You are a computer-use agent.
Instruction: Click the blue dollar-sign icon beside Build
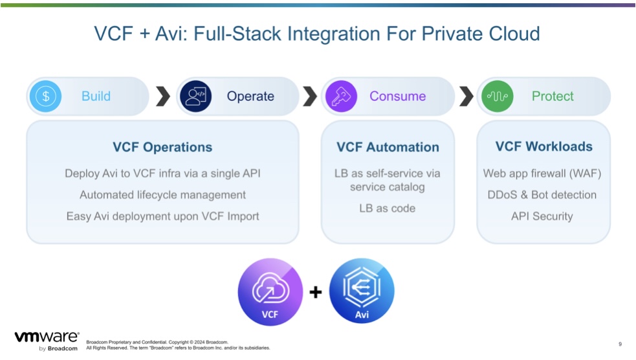click(45, 96)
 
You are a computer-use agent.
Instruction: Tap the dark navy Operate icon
click(195, 96)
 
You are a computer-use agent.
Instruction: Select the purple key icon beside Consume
click(341, 96)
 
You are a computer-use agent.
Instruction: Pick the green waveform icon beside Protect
click(498, 96)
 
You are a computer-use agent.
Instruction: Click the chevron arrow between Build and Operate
click(163, 96)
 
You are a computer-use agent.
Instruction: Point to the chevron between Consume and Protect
click(466, 96)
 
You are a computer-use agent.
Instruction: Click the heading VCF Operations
click(162, 147)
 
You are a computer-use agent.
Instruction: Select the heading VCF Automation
click(388, 147)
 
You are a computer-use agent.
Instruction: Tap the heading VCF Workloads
click(544, 146)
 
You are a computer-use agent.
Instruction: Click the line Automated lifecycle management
click(162, 195)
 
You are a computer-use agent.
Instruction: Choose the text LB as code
click(388, 208)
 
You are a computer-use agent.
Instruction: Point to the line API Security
click(542, 216)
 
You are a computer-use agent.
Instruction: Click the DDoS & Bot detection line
click(542, 195)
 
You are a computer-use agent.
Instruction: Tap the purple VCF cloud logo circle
click(270, 292)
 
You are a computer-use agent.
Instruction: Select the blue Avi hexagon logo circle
click(362, 291)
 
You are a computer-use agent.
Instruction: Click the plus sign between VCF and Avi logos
click(316, 292)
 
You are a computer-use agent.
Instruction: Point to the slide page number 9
click(620, 344)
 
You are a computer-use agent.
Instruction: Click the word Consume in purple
click(397, 96)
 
